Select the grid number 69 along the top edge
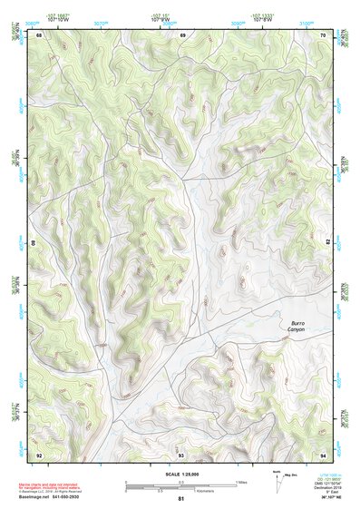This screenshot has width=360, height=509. coord(182,35)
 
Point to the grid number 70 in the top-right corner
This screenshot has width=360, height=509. coord(324,35)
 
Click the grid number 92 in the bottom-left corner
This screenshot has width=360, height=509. coord(40,455)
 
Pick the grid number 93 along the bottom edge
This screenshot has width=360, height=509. coord(181,455)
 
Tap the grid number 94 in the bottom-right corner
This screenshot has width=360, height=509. coord(324,455)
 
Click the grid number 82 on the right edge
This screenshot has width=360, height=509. coord(326,241)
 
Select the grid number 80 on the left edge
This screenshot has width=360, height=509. coord(36,243)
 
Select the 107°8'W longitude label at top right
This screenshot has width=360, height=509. coord(264,19)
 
